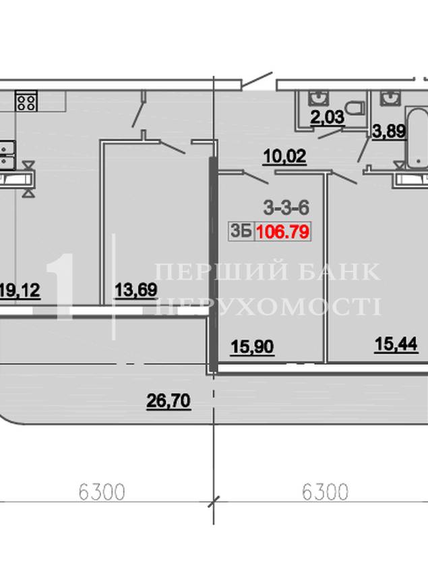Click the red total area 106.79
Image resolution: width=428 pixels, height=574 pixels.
click(283, 232)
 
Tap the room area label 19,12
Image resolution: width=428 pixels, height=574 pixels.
click(20, 290)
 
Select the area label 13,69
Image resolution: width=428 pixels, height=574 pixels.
click(136, 290)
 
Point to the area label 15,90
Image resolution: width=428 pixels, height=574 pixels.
click(252, 346)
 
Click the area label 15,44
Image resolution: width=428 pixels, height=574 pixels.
click(396, 344)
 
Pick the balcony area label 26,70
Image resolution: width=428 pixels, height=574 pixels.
click(169, 401)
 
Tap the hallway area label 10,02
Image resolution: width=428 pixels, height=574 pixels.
click(284, 156)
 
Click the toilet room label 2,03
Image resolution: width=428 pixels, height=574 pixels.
click(328, 118)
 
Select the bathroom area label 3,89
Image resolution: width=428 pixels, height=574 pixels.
click(389, 131)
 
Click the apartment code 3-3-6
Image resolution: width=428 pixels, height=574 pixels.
click(286, 208)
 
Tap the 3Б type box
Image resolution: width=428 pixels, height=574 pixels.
click(241, 232)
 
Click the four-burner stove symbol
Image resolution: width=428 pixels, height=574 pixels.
click(26, 102)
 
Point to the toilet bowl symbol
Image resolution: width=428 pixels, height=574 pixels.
click(355, 108)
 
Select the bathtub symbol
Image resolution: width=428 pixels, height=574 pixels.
click(417, 138)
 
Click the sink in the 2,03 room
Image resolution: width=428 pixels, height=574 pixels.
click(319, 98)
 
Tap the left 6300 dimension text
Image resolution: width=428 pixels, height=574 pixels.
click(102, 492)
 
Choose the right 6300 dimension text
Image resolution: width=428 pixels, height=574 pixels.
click(325, 492)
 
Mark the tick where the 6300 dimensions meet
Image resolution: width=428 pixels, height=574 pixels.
click(214, 502)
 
